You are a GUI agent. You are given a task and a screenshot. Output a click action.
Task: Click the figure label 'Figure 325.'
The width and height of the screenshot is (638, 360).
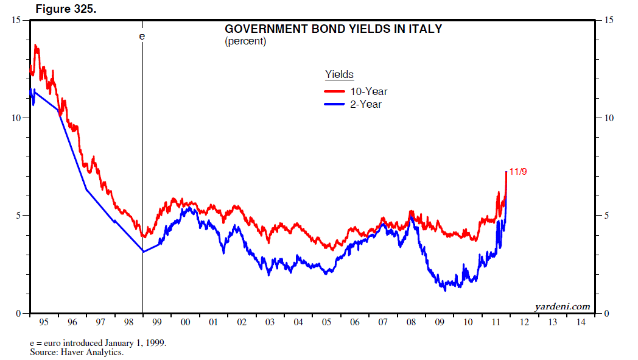[x=66, y=9]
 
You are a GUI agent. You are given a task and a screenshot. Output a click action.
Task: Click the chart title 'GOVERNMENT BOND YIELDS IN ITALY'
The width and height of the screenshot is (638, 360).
[x=334, y=29]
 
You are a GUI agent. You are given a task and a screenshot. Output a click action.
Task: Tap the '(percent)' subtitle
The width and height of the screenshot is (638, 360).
[x=245, y=41]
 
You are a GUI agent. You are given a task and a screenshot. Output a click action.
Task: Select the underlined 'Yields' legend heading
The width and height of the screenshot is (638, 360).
[x=339, y=74]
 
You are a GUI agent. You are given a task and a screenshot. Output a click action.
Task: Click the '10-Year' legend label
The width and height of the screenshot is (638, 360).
[x=368, y=91]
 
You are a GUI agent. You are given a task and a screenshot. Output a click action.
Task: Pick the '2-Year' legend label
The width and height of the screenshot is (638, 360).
[x=365, y=104]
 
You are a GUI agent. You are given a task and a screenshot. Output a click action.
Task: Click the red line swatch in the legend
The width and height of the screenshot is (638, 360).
[x=334, y=91]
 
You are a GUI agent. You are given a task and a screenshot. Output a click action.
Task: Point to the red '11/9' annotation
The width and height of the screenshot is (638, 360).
[x=517, y=172]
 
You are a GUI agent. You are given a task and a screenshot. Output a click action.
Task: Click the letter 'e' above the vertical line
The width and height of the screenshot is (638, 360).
[x=142, y=37]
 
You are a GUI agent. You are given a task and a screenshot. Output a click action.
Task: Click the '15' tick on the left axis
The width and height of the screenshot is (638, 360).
[x=17, y=21]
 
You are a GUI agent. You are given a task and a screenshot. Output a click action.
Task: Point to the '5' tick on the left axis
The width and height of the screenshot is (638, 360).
[x=19, y=216]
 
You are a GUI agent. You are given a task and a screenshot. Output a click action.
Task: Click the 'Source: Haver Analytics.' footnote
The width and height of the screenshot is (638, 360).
[x=77, y=352]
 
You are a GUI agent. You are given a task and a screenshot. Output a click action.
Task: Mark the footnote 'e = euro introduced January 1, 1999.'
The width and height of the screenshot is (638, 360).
[x=98, y=343]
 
